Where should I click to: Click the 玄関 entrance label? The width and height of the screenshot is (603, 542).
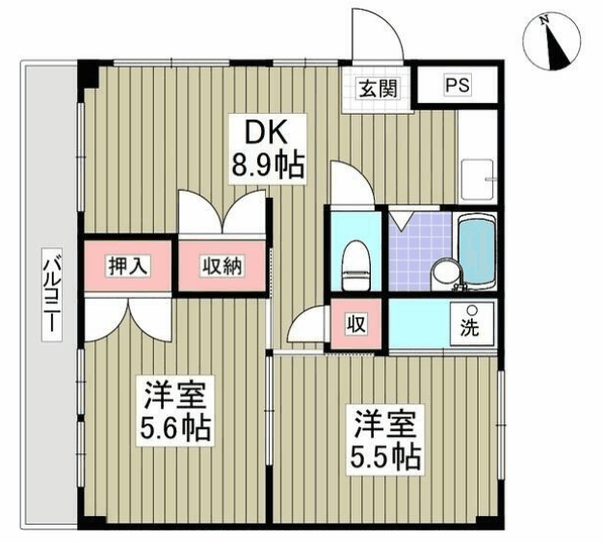375,88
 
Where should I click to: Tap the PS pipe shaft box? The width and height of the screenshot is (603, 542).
458,86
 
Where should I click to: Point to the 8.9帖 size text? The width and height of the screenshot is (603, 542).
267,166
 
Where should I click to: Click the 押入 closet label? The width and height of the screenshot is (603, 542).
128,265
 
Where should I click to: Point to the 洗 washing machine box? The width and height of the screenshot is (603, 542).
470,325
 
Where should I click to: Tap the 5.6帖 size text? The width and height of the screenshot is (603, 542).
178,426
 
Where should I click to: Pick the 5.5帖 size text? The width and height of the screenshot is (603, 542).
384,455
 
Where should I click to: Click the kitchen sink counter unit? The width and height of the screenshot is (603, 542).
478,154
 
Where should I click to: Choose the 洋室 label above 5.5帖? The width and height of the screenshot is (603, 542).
383,423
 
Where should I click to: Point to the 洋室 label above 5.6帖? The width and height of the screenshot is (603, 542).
176,394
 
